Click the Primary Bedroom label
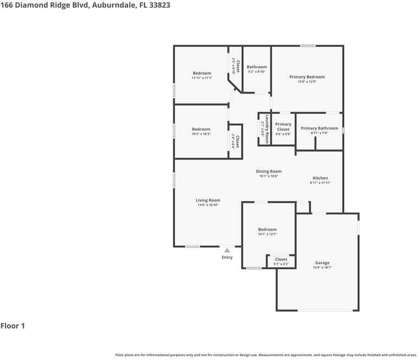[x=307, y=77]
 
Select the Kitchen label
[x=320, y=178]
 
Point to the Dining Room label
[x=268, y=171]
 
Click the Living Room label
[x=208, y=200]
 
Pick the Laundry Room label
[x=267, y=129]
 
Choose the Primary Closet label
[x=283, y=127]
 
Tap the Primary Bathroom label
[x=319, y=128]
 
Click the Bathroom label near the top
[x=256, y=67]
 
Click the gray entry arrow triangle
[x=227, y=251]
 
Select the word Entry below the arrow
[x=227, y=257]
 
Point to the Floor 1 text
[x=13, y=326]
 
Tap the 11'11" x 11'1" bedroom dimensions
[x=202, y=78]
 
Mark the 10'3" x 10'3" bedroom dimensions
[x=201, y=134]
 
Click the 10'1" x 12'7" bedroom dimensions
[x=267, y=234]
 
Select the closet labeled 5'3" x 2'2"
[x=281, y=264]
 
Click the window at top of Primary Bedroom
[x=307, y=46]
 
